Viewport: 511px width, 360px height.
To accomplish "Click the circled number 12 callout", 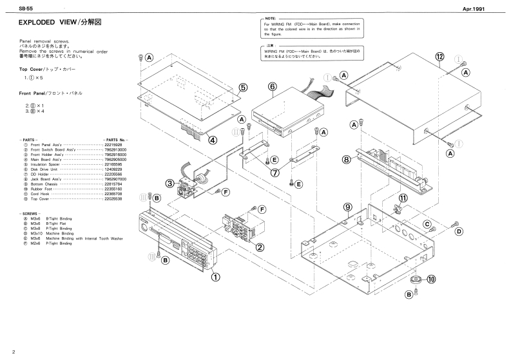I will (439, 57).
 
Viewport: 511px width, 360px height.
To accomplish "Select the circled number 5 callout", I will (243, 88).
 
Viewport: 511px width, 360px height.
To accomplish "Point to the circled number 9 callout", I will (347, 207).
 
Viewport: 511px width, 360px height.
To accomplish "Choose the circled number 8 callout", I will (346, 158).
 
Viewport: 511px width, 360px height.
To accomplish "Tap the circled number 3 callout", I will (169, 184).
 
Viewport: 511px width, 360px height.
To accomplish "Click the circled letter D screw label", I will (459, 231).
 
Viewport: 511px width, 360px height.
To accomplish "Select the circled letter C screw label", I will (427, 223).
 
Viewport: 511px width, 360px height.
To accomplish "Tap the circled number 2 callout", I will (260, 247).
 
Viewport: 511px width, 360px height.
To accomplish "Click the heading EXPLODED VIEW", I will (51, 23).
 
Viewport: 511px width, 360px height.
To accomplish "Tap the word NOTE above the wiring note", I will (271, 20).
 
